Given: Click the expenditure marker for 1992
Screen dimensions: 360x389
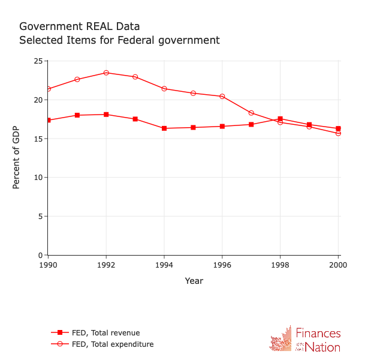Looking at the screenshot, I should (x=106, y=73).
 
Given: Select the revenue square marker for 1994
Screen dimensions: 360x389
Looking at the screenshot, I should (x=164, y=128).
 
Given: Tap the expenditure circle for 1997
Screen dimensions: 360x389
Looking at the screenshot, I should (x=251, y=113).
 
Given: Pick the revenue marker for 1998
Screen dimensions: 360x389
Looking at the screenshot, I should (x=280, y=119).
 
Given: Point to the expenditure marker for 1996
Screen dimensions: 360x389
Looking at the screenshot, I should (x=222, y=97).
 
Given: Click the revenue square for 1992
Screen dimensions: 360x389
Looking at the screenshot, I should (x=106, y=115).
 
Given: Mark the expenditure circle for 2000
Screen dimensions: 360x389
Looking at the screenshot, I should (x=338, y=133).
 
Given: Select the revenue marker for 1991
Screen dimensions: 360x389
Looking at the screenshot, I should (x=77, y=115).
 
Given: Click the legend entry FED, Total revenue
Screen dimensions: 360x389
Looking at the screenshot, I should (x=105, y=333).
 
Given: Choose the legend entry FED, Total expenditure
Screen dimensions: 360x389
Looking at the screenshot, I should (x=112, y=344).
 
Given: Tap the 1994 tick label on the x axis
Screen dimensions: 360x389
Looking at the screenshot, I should (x=164, y=265).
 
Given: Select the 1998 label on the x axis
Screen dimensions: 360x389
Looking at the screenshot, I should (x=280, y=265).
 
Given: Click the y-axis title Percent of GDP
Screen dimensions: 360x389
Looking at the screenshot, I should (x=16, y=158).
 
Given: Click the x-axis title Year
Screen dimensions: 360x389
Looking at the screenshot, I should (x=194, y=281).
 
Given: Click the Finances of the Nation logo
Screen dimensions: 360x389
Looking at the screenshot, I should (x=305, y=340).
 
